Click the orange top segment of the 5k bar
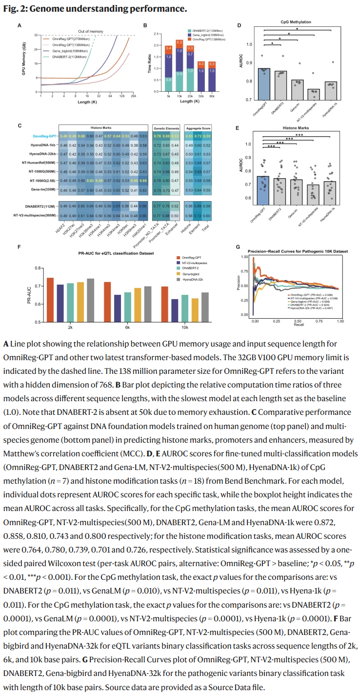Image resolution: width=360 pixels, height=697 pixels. [x=168, y=48]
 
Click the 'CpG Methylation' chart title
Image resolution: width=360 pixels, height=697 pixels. [x=292, y=22]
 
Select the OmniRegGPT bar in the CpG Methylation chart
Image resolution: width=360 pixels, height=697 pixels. [x=264, y=83]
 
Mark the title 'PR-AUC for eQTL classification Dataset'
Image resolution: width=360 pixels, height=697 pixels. [x=117, y=254]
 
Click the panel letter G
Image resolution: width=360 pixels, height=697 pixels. [x=238, y=247]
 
